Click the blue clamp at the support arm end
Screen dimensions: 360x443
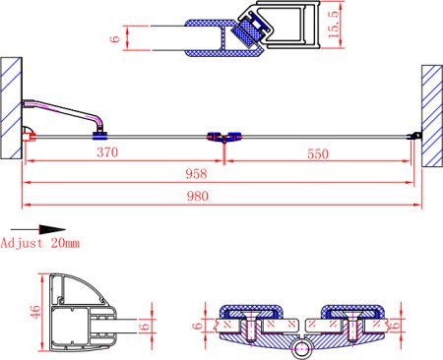pyautogui.click(x=99, y=125)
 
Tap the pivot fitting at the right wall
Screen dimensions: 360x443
pyautogui.click(x=416, y=136)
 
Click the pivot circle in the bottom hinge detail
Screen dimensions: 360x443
pyautogui.click(x=303, y=347)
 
